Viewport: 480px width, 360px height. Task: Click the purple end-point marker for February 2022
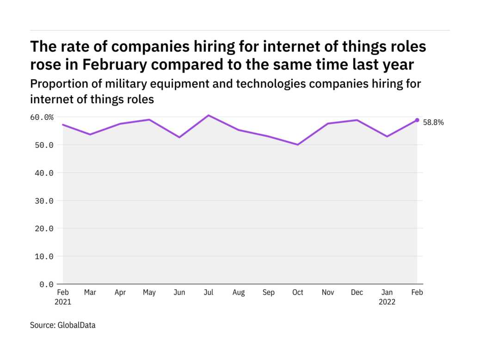pyautogui.click(x=417, y=120)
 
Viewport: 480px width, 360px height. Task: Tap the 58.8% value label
pyautogui.click(x=433, y=123)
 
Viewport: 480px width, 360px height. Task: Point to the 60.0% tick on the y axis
pyautogui.click(x=42, y=118)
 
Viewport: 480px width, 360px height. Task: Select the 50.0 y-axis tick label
pyautogui.click(x=44, y=145)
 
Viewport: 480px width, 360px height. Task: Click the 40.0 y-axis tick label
pyautogui.click(x=44, y=173)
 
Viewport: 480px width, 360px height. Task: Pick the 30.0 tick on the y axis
pyautogui.click(x=44, y=201)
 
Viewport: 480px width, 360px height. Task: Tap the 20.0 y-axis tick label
pyautogui.click(x=44, y=229)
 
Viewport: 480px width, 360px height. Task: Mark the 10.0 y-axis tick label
pyautogui.click(x=44, y=256)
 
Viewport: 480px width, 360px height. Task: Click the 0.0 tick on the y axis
pyautogui.click(x=47, y=284)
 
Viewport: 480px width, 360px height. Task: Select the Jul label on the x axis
pyautogui.click(x=209, y=292)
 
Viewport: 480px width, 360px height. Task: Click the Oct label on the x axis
pyautogui.click(x=298, y=292)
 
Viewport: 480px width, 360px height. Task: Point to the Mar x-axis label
pyautogui.click(x=90, y=292)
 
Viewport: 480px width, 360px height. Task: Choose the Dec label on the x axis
pyautogui.click(x=357, y=292)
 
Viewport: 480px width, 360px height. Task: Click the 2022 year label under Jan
pyautogui.click(x=388, y=302)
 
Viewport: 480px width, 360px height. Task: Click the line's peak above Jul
pyautogui.click(x=209, y=115)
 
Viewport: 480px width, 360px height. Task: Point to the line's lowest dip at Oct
pyautogui.click(x=298, y=144)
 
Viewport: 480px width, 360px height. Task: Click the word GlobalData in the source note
pyautogui.click(x=76, y=325)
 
